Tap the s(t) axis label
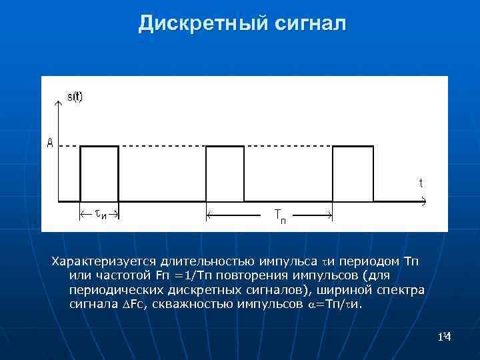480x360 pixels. [75, 96]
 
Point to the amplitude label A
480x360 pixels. [50, 143]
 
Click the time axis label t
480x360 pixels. [421, 182]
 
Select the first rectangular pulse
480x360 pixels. [99, 172]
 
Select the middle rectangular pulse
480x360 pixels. [225, 172]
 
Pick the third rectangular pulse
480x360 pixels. [353, 172]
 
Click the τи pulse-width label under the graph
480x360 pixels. [100, 215]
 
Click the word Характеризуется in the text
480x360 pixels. [105, 259]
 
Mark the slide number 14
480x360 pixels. [445, 339]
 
